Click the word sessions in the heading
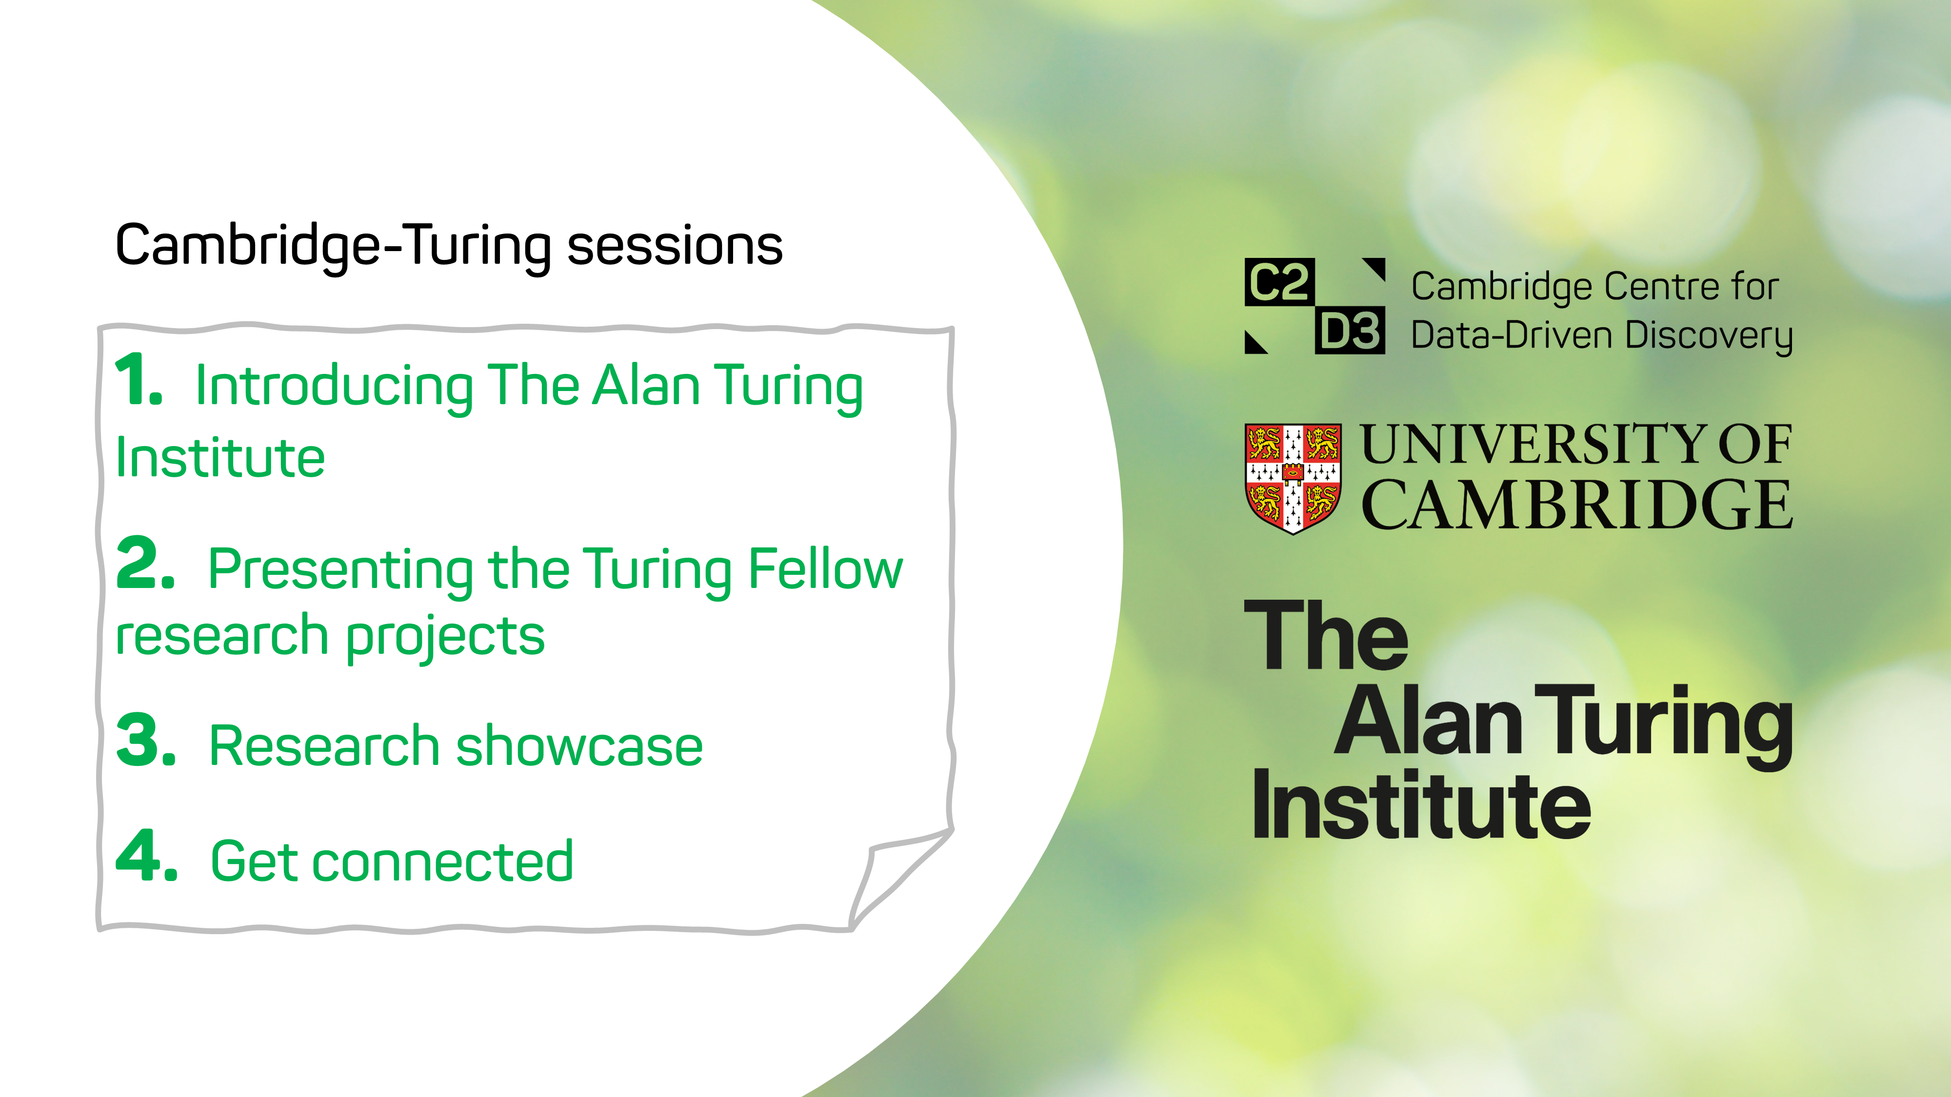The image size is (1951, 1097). [x=675, y=246]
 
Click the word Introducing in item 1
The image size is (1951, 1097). [x=335, y=388]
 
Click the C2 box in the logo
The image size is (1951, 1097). [x=1279, y=282]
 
